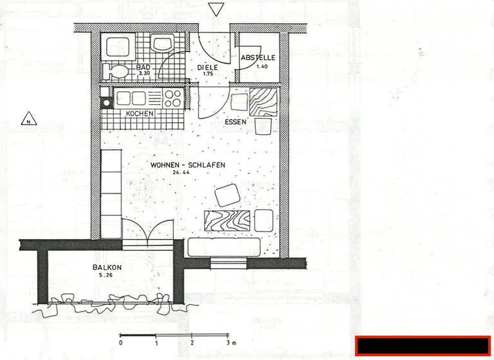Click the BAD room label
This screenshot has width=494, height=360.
143,67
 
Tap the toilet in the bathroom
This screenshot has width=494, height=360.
116,71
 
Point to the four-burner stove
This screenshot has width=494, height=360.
172,98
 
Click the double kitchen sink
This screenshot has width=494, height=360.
131,98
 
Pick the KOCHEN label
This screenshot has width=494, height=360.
140,114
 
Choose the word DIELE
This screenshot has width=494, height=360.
208,67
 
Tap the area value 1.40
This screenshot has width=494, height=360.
262,66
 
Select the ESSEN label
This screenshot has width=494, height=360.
236,122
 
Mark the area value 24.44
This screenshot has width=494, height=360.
180,173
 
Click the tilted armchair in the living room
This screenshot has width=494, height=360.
228,194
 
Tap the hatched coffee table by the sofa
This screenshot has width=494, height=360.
228,219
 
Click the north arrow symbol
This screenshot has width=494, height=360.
30,119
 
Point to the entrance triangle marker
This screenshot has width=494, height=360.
216,9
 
